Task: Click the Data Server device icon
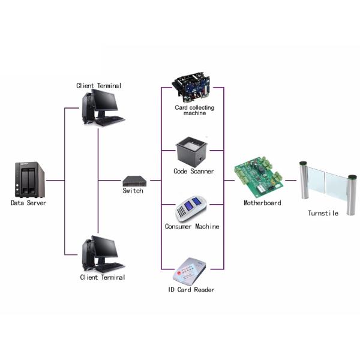pyautogui.click(x=29, y=179)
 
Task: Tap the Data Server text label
pyautogui.click(x=28, y=203)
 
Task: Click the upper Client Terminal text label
pyautogui.click(x=98, y=86)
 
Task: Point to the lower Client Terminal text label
pyautogui.click(x=103, y=277)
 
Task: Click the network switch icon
pyautogui.click(x=133, y=180)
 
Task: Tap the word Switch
pyautogui.click(x=133, y=191)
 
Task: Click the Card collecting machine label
pyautogui.click(x=194, y=110)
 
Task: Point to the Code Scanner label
pyautogui.click(x=194, y=172)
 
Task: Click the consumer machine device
pyautogui.click(x=190, y=209)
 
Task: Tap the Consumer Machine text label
pyautogui.click(x=192, y=227)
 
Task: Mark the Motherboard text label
pyautogui.click(x=262, y=203)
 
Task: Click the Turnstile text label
pyautogui.click(x=323, y=213)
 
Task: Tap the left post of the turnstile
pyautogui.click(x=304, y=182)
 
